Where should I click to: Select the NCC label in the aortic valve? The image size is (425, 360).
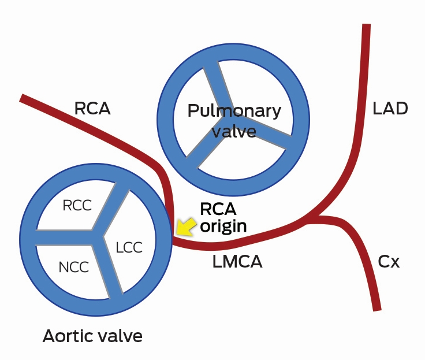(73, 267)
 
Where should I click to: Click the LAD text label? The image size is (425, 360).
(390, 108)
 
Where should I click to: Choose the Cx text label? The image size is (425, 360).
(389, 262)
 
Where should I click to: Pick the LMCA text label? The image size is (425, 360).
(237, 262)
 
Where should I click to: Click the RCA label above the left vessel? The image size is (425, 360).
(92, 108)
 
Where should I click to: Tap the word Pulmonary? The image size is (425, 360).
(234, 111)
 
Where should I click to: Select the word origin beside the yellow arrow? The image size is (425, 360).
(223, 226)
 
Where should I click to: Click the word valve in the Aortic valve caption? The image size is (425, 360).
(120, 336)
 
